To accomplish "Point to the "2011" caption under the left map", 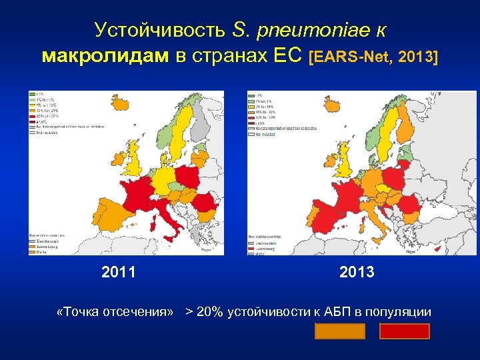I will [118, 272].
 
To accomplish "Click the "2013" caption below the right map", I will [357, 272].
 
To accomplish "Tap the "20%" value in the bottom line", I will [210, 311].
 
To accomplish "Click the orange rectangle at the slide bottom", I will [340, 331].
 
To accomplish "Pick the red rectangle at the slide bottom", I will [404, 331].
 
